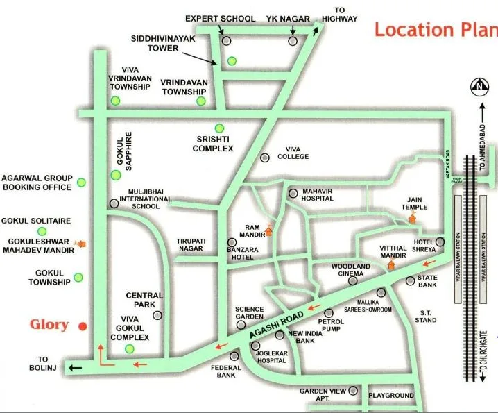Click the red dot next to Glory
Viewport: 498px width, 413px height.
pos(83,326)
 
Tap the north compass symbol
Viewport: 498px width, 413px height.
pos(479,87)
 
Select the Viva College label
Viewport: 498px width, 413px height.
pos(292,153)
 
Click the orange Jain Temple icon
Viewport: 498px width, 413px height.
pos(412,218)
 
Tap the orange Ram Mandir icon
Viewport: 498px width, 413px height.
pos(269,231)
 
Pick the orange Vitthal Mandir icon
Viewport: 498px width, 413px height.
pos(390,264)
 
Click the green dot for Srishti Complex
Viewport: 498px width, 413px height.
pos(219,128)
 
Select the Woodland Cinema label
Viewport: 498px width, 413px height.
pos(350,270)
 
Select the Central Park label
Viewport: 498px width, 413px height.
pos(144,300)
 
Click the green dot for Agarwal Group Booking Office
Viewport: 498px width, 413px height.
pos(81,183)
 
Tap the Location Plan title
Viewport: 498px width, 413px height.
pos(436,30)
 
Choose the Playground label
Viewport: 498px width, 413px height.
pos(390,396)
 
